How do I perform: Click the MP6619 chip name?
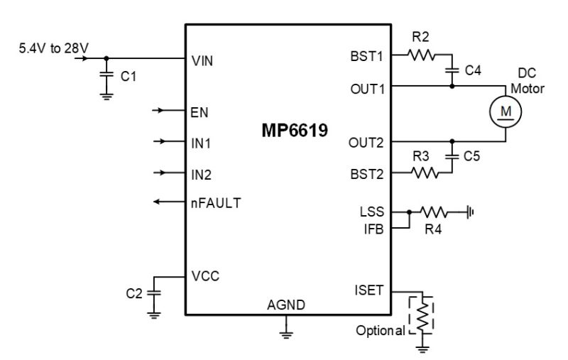(x=295, y=131)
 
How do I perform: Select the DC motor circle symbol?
(x=506, y=111)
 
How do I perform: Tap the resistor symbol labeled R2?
(x=421, y=55)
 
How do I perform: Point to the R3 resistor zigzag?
(x=425, y=173)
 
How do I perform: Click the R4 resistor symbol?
(x=434, y=212)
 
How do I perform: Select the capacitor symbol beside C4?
(x=452, y=70)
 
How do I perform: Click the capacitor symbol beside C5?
(x=452, y=156)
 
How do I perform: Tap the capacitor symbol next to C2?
(x=154, y=293)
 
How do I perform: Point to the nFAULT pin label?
(x=216, y=203)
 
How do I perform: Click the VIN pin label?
(x=202, y=61)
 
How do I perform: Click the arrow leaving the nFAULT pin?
(x=169, y=202)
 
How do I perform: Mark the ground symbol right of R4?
(x=470, y=212)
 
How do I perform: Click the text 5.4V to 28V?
(x=54, y=48)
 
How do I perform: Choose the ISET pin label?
(x=368, y=290)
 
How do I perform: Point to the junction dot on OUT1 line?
(x=452, y=86)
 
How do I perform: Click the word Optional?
(x=381, y=330)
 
